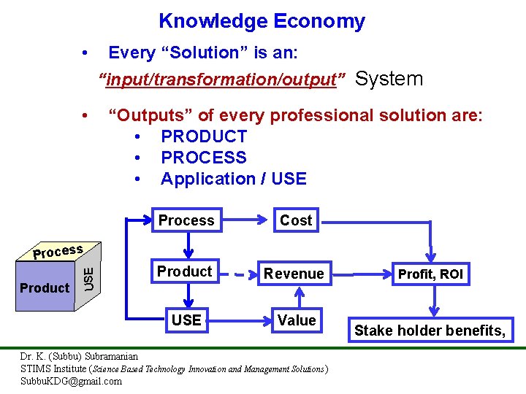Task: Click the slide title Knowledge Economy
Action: pos(262,22)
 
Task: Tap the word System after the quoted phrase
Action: pos(389,79)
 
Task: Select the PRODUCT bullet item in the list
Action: pos(204,136)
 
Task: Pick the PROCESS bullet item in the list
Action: pos(204,158)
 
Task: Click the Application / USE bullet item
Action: pos(233,179)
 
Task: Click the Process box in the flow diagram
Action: pos(186,220)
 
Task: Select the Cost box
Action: pos(296,220)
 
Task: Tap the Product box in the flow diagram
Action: pos(185,272)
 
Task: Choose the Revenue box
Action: pos(294,274)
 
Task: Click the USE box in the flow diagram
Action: pos(186,320)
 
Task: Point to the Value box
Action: pos(297,320)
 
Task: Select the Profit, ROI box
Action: pos(430,274)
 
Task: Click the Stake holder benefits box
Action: pos(430,331)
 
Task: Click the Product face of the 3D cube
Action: pos(45,288)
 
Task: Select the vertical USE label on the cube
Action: pos(88,277)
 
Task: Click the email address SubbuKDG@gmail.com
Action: pos(72,381)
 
